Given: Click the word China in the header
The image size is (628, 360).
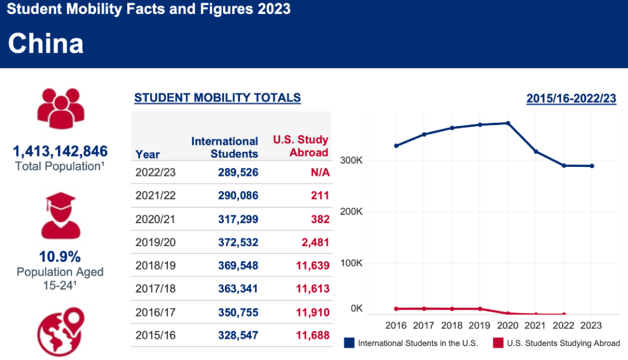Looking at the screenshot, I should click(x=46, y=44).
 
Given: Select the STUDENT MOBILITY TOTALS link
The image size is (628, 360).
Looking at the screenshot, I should click(x=217, y=98).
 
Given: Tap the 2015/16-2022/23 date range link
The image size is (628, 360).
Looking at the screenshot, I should click(x=571, y=98).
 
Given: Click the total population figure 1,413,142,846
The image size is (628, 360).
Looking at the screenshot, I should click(x=60, y=152).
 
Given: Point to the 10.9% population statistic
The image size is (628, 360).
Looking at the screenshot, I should click(x=60, y=256).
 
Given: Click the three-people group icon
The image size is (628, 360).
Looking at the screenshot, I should click(x=60, y=108).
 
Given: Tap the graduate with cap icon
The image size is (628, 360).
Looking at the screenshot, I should click(x=60, y=215).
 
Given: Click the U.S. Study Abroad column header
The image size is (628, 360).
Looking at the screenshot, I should click(x=301, y=146).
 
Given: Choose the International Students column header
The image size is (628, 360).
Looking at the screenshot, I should click(x=224, y=147).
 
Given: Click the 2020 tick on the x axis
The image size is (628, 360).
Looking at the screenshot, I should click(x=508, y=325).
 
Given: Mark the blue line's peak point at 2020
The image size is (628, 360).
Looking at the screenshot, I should click(x=508, y=123).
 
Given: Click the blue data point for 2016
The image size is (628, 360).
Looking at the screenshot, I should click(x=396, y=145).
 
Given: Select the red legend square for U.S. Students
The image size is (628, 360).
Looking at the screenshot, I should click(x=498, y=343).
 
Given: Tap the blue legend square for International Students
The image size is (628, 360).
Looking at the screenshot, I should click(x=349, y=343).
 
